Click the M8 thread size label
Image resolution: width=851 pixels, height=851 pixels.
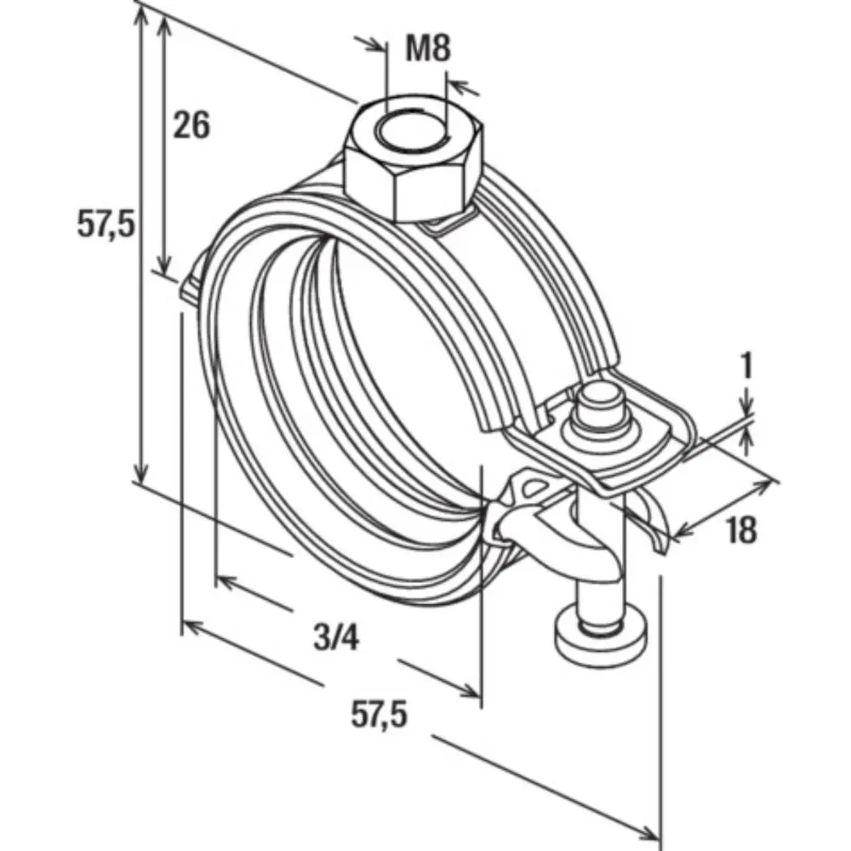427,49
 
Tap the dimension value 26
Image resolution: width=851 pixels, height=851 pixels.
191,126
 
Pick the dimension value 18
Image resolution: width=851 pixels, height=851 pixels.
741,531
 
